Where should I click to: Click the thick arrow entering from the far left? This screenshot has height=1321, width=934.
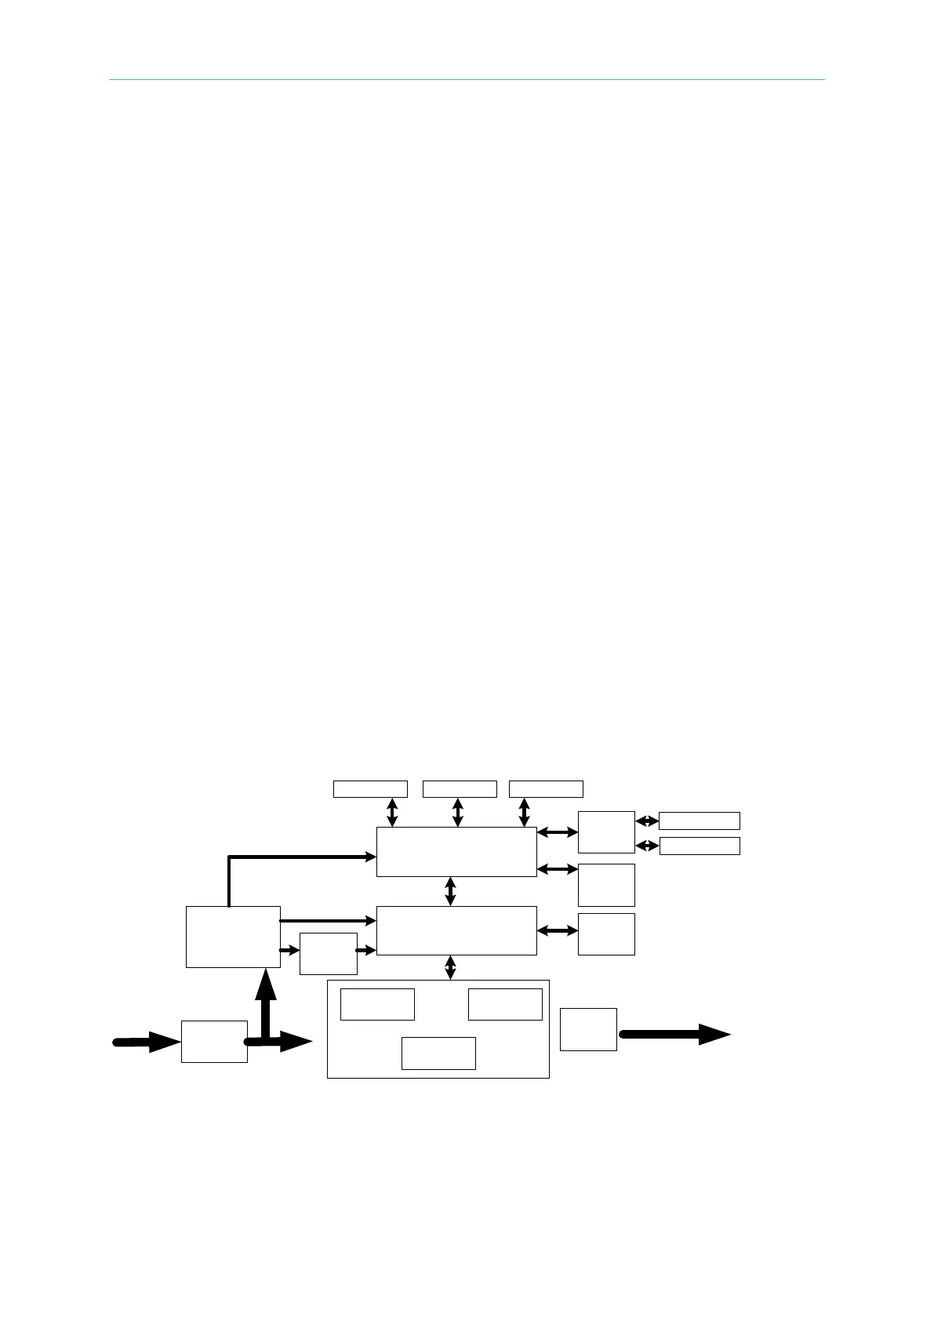coord(146,1042)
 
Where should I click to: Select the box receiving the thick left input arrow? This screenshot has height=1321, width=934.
coord(214,1041)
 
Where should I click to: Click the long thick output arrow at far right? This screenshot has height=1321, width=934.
coord(674,1034)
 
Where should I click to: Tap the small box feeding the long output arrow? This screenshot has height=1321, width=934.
coord(588,1029)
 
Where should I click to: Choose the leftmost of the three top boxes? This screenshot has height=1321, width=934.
coord(370,788)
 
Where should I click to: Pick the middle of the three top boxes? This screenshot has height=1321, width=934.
coord(460,788)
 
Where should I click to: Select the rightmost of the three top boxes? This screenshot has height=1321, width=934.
coord(546,788)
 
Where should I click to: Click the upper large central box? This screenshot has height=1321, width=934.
coord(456,851)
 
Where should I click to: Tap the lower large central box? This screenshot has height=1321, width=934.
coord(456,930)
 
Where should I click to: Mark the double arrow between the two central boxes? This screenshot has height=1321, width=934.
coord(450,891)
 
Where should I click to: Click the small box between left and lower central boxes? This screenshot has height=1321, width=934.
coord(328,953)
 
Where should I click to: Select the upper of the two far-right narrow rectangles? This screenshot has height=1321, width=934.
coord(700,821)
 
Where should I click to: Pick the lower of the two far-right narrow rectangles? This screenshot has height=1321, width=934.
coord(700,846)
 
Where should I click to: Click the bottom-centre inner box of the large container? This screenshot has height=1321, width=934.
coord(438,1053)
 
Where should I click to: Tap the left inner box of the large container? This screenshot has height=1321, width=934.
coord(377,1004)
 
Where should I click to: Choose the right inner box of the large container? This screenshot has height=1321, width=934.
coord(505,1004)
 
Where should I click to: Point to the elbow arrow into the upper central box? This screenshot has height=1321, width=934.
coord(298,857)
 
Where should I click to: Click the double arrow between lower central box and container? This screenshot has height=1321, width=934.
coord(450,967)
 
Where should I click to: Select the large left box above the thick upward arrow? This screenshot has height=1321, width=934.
coord(233,937)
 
